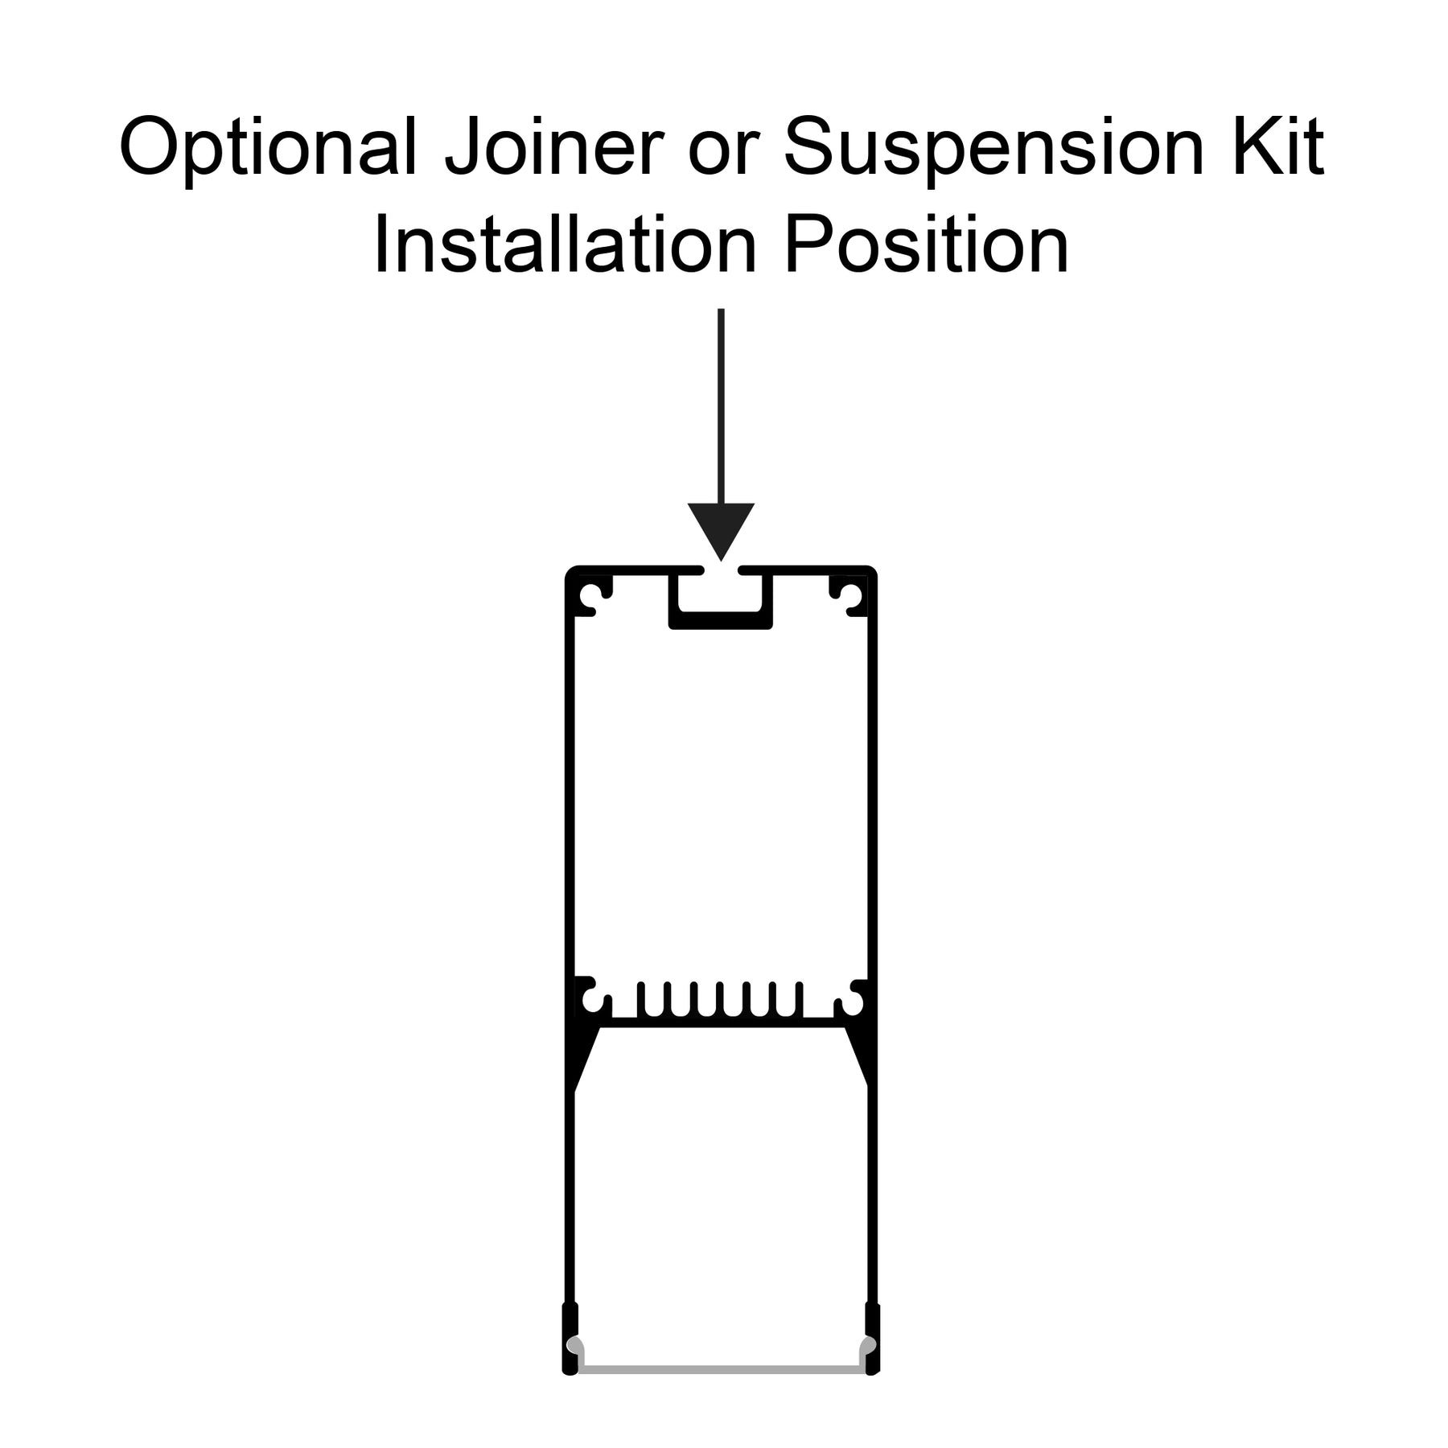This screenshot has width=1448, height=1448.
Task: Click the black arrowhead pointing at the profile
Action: (721, 527)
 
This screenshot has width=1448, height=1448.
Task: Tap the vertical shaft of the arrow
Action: (721, 406)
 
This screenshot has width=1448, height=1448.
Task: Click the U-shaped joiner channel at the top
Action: (721, 619)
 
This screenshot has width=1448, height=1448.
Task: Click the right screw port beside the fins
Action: (850, 1002)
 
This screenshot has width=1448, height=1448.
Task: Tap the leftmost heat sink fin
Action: (641, 1000)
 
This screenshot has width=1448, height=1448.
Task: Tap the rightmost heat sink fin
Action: (799, 1000)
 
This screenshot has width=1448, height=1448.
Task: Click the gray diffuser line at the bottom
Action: (722, 1369)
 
